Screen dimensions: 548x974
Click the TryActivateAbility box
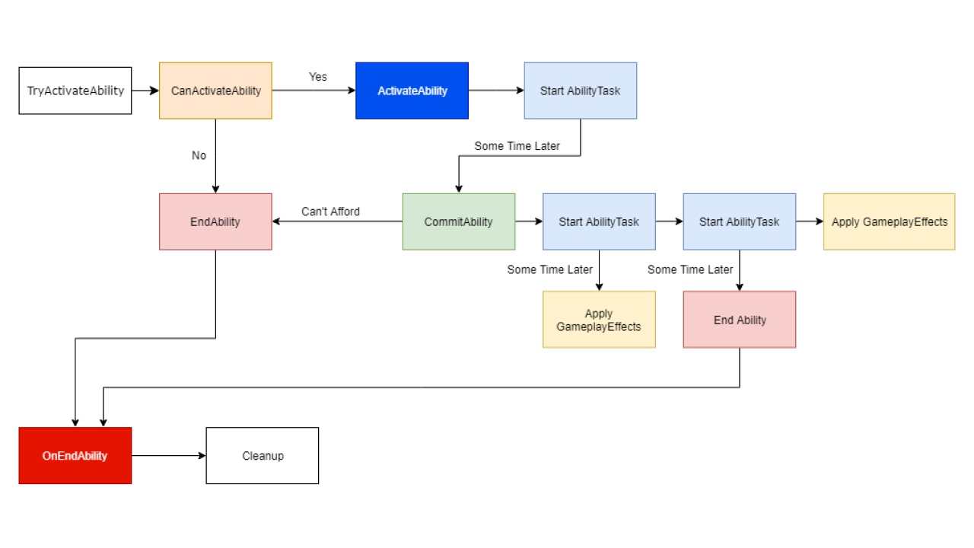point(75,91)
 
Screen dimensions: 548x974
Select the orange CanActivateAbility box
point(215,91)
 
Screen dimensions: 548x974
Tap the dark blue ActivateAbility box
point(412,91)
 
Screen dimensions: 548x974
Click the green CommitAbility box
point(458,221)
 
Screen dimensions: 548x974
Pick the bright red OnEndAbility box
point(75,455)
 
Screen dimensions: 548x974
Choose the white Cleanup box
point(263,455)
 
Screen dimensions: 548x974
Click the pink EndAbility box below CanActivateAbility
point(215,221)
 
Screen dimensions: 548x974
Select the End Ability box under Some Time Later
point(740,320)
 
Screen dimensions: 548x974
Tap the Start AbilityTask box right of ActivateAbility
point(580,91)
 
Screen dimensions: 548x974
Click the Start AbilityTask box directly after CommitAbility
point(599,221)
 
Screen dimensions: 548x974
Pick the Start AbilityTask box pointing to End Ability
point(740,221)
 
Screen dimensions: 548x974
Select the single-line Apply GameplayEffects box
point(889,221)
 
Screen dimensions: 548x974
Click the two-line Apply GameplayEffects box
point(599,320)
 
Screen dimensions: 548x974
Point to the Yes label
point(318,77)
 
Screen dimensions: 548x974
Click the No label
point(199,155)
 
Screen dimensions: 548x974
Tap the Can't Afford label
point(330,212)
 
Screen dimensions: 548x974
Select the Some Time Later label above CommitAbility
point(517,146)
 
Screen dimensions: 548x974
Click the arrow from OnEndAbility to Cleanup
point(168,455)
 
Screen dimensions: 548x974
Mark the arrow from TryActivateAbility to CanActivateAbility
point(145,91)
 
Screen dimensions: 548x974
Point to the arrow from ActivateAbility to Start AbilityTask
point(496,91)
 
